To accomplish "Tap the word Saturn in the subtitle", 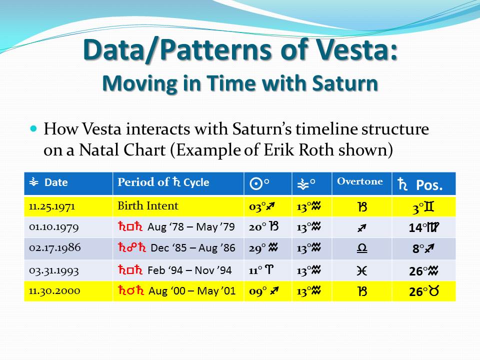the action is (x=345, y=83).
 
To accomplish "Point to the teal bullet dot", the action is (x=33, y=128).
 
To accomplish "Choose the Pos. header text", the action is (x=429, y=185).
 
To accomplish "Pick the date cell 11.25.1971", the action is (x=51, y=206).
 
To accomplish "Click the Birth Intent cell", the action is (x=148, y=205).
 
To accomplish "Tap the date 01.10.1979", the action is (x=54, y=227).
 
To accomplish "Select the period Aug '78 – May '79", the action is (x=191, y=227).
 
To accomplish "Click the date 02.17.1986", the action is (x=55, y=247).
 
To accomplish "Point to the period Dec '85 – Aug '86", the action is (x=193, y=247).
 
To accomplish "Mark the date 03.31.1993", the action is (x=54, y=270).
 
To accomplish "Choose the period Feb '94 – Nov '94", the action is (x=189, y=270).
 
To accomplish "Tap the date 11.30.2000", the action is (x=54, y=291).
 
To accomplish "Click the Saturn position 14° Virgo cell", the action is (x=424, y=227).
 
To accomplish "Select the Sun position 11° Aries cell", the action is (x=261, y=270).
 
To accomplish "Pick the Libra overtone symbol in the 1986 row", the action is (x=362, y=248).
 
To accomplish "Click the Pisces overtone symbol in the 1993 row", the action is (x=361, y=271).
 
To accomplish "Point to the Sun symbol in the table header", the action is (x=256, y=183).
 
